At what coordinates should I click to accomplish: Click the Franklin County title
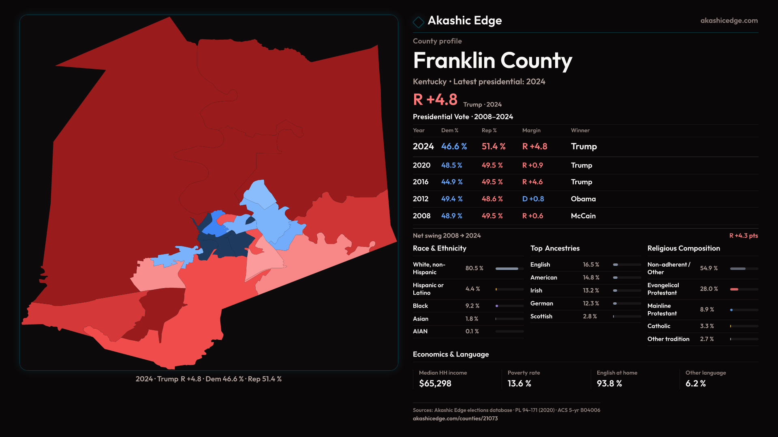click(492, 61)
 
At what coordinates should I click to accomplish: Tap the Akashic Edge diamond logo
click(418, 22)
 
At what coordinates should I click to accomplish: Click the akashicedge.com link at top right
click(729, 21)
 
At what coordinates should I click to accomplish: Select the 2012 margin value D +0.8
click(533, 199)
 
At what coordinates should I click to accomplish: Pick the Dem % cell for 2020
click(451, 165)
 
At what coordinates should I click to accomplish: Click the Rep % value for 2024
click(493, 146)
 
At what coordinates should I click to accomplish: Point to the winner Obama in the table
click(583, 199)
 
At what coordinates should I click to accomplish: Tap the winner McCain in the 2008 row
click(583, 216)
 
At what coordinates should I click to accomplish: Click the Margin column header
click(531, 130)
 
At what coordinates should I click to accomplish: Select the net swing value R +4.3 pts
click(743, 236)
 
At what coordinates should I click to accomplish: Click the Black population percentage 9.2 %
click(472, 306)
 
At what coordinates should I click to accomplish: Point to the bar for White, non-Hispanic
click(507, 269)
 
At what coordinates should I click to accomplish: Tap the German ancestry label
click(541, 303)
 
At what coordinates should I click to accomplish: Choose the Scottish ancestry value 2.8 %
click(590, 316)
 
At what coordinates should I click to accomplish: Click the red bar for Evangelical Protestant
click(734, 289)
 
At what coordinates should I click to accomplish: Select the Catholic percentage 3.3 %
click(707, 326)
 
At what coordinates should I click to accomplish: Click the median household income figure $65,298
click(435, 384)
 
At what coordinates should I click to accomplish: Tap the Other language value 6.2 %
click(695, 384)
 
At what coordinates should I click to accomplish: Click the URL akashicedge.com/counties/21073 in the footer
click(455, 419)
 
